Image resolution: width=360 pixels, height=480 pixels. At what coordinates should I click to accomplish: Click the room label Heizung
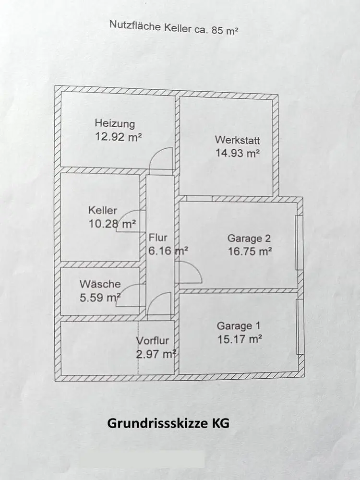point(115,123)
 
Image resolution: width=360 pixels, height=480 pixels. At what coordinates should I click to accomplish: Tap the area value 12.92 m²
point(119,136)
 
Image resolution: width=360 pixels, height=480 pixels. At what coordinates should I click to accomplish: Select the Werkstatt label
point(237,141)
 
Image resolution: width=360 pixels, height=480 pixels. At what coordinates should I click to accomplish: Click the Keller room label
point(102,210)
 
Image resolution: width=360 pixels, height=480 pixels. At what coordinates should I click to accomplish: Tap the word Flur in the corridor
point(158,237)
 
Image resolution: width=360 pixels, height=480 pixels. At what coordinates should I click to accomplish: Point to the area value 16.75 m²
point(250,251)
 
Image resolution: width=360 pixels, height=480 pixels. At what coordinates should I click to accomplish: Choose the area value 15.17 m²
point(239,339)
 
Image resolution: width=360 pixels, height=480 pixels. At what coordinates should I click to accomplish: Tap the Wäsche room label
point(100,284)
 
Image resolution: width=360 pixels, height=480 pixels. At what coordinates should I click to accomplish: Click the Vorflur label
point(153,341)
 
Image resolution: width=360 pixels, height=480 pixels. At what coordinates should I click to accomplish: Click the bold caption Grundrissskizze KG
point(168,423)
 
